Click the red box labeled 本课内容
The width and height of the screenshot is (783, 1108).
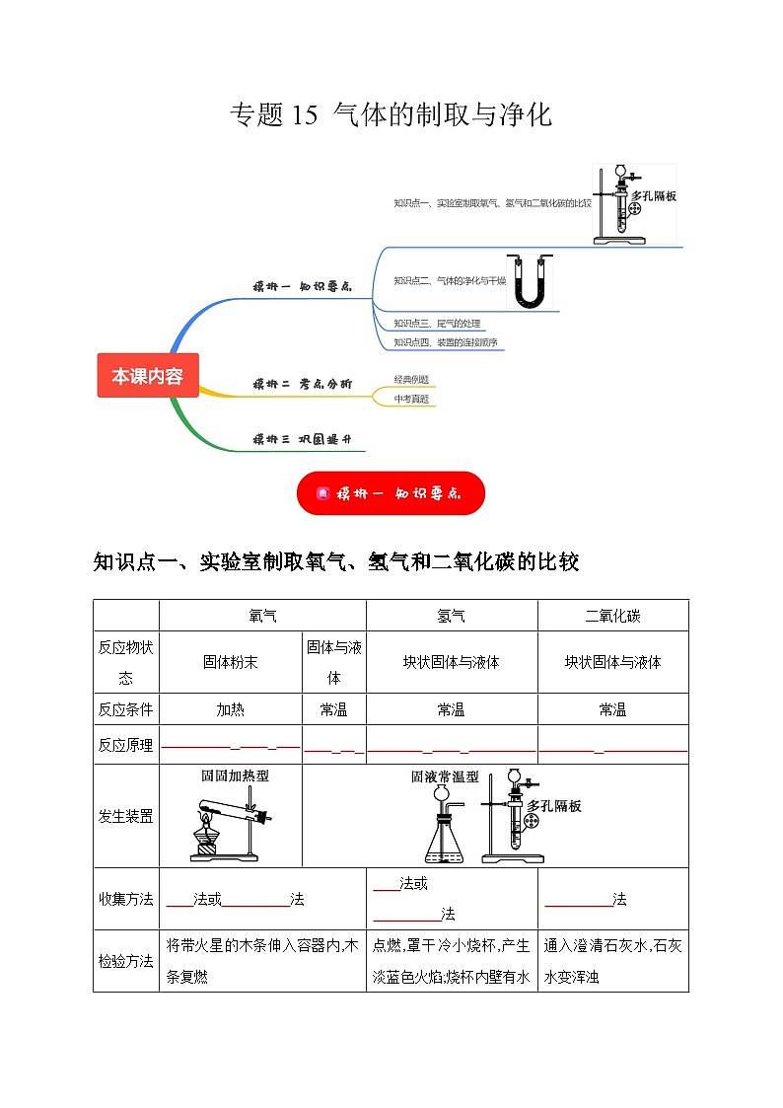point(147,376)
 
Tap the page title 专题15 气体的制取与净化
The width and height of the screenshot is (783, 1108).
point(391,115)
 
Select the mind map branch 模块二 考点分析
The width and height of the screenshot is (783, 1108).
point(301,384)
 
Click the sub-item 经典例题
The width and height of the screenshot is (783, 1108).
point(411,380)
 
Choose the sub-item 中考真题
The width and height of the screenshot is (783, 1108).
point(411,399)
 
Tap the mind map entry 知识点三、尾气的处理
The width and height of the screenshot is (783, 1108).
point(437,324)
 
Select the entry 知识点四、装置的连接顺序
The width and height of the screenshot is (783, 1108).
point(445,342)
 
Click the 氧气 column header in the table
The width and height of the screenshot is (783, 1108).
point(262,616)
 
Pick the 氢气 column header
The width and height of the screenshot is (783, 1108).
point(451,616)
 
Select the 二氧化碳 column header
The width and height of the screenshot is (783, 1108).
point(612,616)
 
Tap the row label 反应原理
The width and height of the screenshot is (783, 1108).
point(125,746)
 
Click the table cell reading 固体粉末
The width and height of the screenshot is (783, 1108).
point(230,662)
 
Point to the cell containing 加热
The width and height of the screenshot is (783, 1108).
point(230,709)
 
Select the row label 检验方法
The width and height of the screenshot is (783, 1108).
point(125,960)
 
